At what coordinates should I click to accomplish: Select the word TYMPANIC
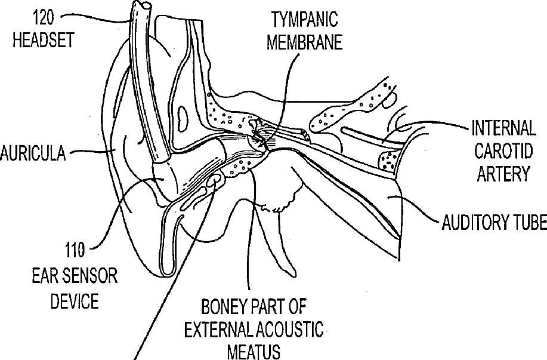[x=304, y=20]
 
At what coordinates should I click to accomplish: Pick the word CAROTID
[x=503, y=150]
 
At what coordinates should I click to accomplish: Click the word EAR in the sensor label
[x=45, y=276]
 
